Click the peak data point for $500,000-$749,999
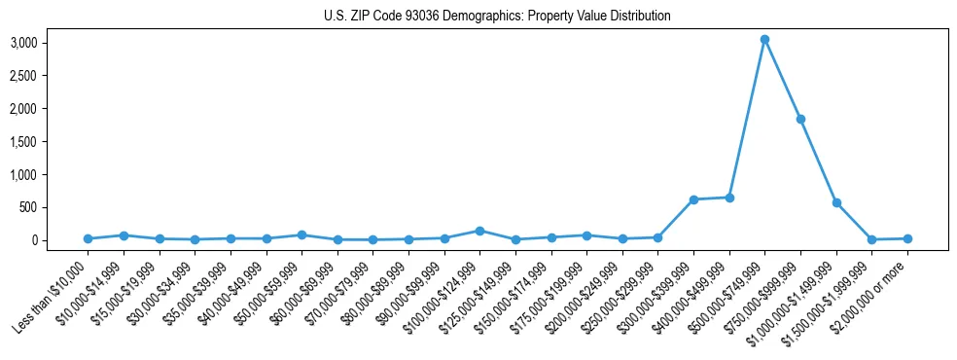click(x=765, y=40)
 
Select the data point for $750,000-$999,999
click(x=800, y=119)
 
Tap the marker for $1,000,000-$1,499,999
click(x=836, y=202)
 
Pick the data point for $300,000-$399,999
click(x=693, y=199)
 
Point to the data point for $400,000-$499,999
click(x=729, y=198)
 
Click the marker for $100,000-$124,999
click(x=479, y=231)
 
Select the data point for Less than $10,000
click(x=88, y=238)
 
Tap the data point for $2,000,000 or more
click(x=907, y=238)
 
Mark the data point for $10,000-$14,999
click(x=124, y=235)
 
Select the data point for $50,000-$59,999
click(x=301, y=235)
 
